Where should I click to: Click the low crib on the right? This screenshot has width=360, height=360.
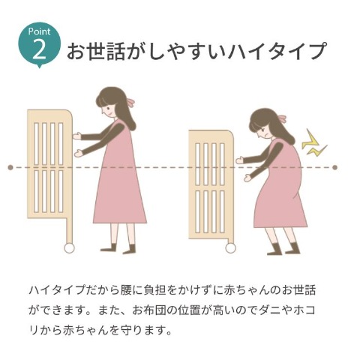(211, 184)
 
